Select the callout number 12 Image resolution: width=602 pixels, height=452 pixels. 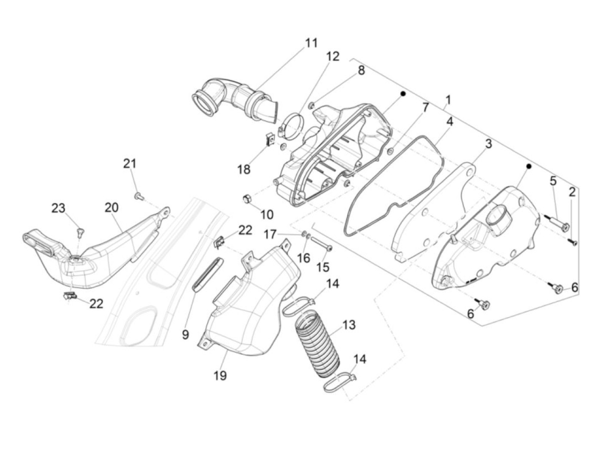pyautogui.click(x=332, y=56)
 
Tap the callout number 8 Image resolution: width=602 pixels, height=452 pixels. pyautogui.click(x=361, y=70)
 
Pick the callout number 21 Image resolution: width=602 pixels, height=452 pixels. pyautogui.click(x=129, y=163)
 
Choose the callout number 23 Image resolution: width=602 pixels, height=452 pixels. pyautogui.click(x=58, y=208)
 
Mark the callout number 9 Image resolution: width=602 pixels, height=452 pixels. pyautogui.click(x=185, y=335)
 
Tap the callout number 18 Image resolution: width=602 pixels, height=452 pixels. pyautogui.click(x=244, y=169)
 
